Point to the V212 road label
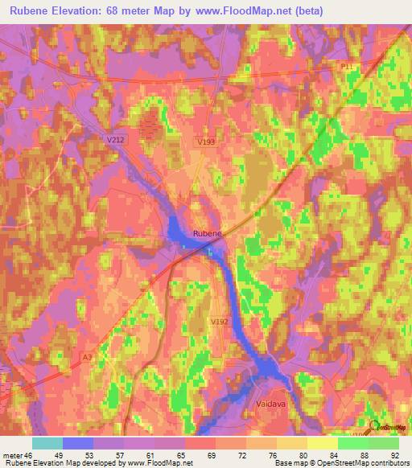[117, 138]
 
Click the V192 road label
[218, 321]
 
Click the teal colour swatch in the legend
[47, 442]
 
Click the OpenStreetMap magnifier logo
[374, 429]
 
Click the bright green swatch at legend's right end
[384, 442]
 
